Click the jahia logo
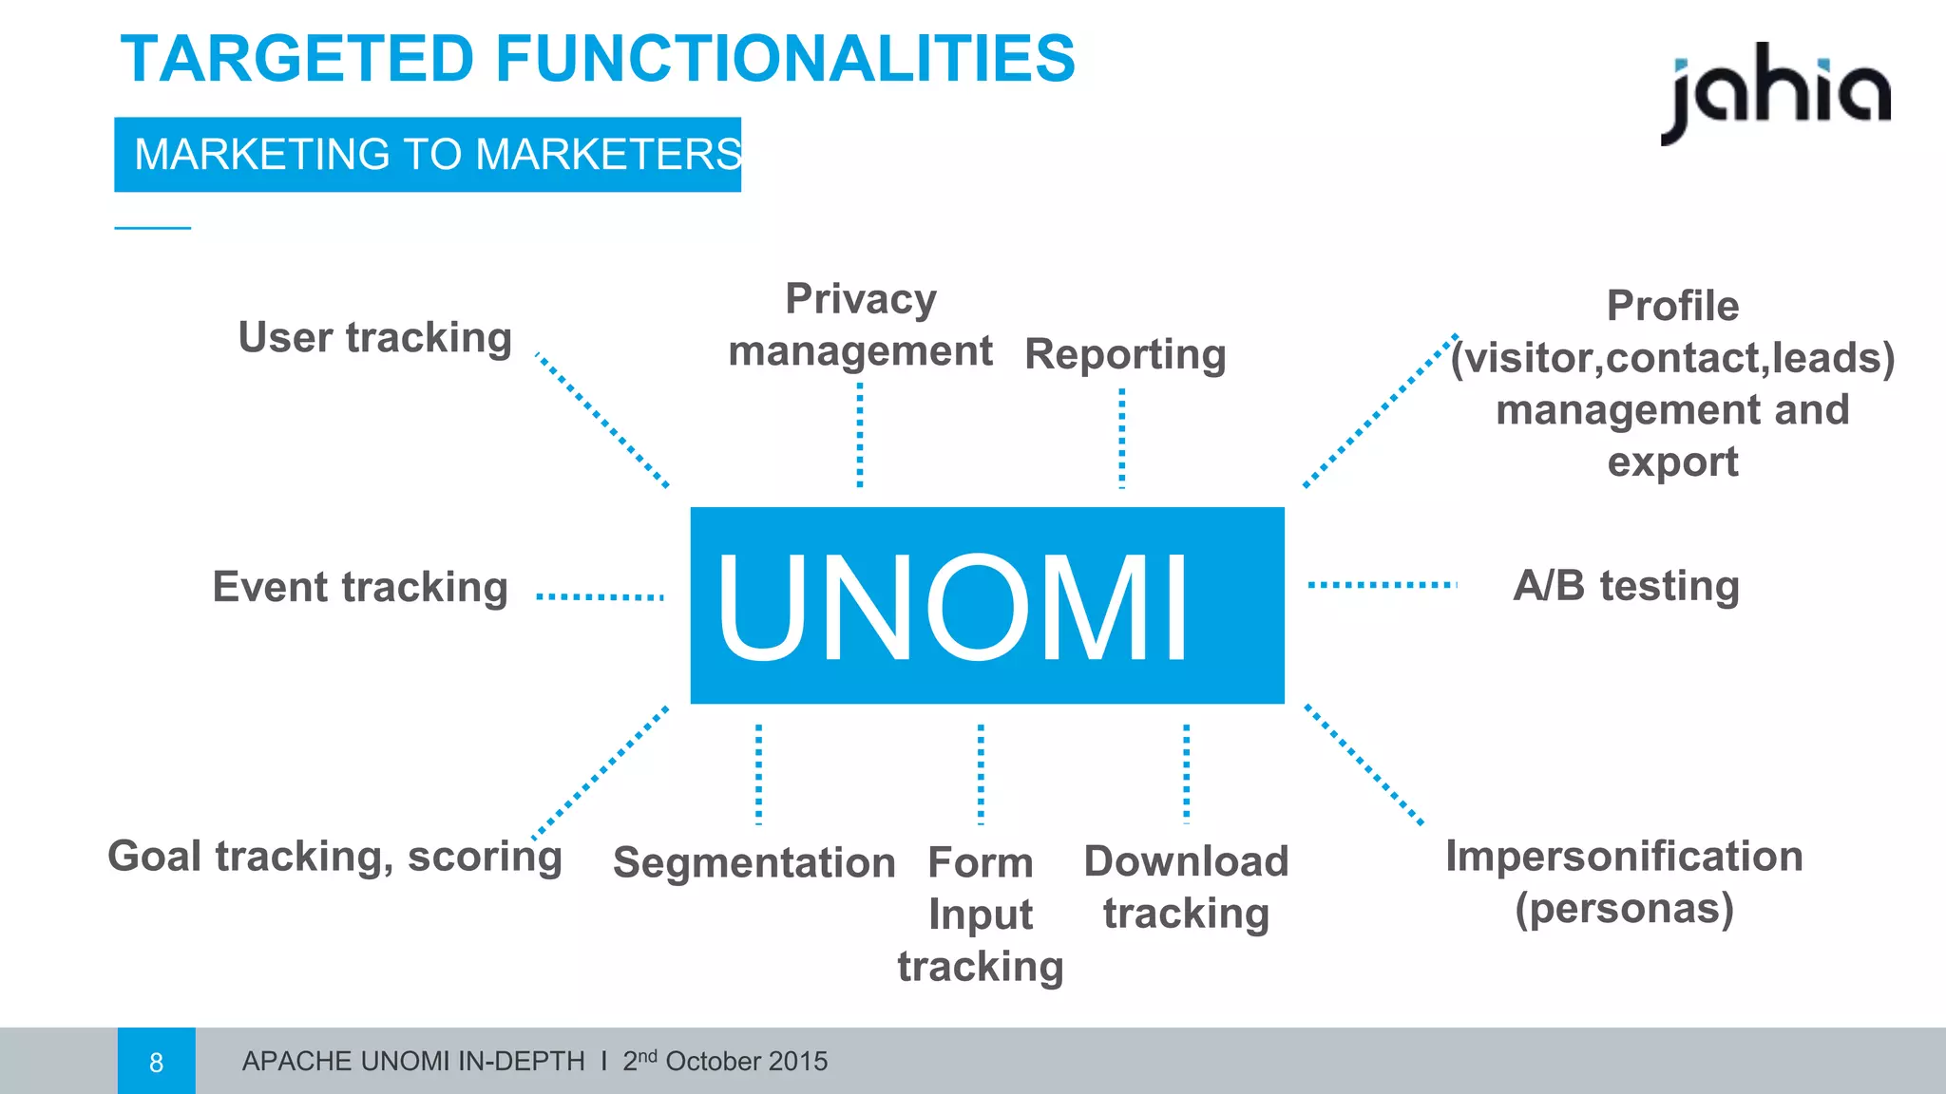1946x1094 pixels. click(x=1775, y=93)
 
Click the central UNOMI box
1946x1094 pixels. click(x=986, y=605)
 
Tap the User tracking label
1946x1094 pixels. click(x=374, y=337)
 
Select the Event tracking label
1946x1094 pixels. click(x=360, y=587)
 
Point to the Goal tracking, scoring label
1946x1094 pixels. click(x=334, y=857)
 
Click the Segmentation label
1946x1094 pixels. click(x=754, y=862)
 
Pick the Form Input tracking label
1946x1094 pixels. click(x=981, y=914)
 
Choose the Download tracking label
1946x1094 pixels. click(x=1186, y=887)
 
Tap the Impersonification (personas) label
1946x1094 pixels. click(x=1624, y=881)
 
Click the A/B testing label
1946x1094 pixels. click(x=1626, y=585)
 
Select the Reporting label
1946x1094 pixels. click(x=1125, y=354)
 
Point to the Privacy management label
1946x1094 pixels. click(x=860, y=325)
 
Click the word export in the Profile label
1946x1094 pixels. click(x=1672, y=462)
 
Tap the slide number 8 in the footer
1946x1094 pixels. click(x=157, y=1062)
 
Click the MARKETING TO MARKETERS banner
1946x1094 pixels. click(x=428, y=155)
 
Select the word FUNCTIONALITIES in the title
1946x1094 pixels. click(x=785, y=59)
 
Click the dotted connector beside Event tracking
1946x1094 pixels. click(x=600, y=596)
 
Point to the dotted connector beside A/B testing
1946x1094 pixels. click(x=1382, y=585)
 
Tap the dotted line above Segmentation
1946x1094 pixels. click(x=758, y=774)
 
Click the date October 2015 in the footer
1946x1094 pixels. click(x=746, y=1062)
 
